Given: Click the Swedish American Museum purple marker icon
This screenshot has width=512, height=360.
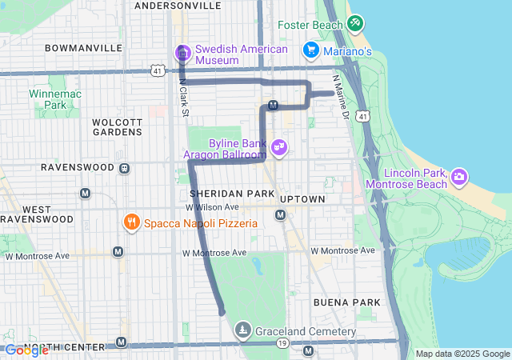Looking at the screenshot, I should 182,54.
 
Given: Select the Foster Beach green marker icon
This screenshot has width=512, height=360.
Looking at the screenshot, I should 355,24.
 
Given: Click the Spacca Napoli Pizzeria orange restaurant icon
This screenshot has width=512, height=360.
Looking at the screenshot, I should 130,222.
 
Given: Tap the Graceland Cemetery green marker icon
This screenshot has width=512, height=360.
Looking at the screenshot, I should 243,330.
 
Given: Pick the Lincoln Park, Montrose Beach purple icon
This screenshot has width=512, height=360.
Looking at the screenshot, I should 459,175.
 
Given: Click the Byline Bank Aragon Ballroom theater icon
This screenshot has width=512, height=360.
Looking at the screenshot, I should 279,147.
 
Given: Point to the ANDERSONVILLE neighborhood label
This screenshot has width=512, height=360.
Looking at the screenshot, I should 178,6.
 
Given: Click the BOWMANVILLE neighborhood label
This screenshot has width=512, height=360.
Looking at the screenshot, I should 83,48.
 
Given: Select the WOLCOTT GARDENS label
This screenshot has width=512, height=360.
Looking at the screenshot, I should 117,126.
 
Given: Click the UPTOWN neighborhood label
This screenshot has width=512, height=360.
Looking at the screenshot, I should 302,198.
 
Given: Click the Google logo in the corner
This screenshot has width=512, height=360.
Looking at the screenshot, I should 26,350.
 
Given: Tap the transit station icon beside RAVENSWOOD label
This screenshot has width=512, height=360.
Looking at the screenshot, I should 124,169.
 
